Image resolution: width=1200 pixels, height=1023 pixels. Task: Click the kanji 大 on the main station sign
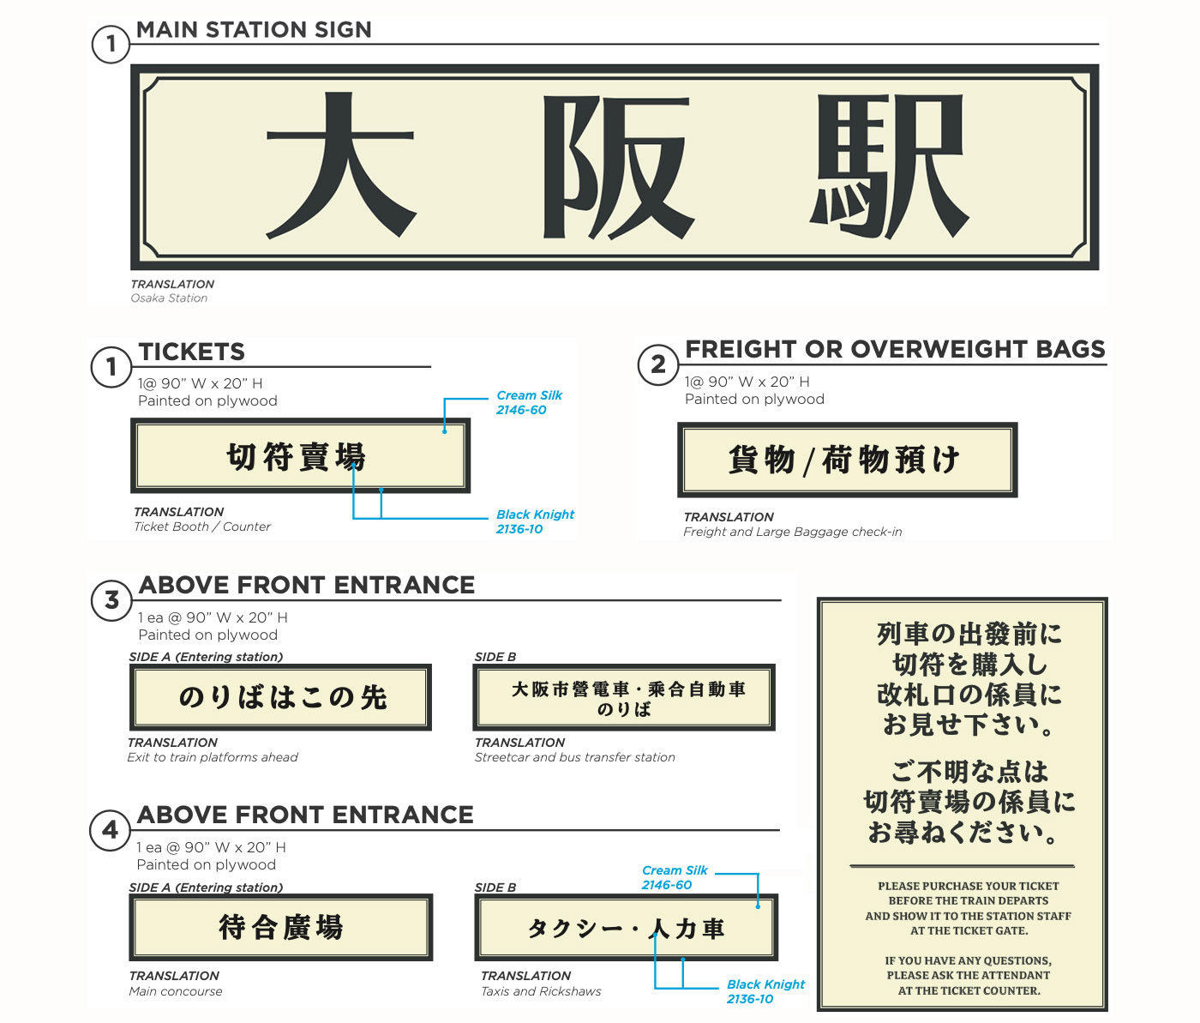tap(341, 165)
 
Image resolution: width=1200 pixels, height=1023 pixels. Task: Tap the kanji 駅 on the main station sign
tap(889, 166)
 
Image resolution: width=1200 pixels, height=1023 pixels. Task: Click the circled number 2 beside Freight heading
tap(657, 364)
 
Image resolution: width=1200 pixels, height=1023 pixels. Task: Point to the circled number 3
tap(111, 600)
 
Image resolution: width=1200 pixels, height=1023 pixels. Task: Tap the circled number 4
tap(111, 830)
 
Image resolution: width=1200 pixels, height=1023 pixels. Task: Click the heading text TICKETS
tap(192, 352)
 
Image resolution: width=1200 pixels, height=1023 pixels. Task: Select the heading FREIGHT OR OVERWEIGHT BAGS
tap(895, 348)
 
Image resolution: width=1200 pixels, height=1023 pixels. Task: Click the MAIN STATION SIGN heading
tap(254, 30)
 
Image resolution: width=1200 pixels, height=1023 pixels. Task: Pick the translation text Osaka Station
tap(169, 298)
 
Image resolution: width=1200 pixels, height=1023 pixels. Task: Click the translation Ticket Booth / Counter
tap(202, 527)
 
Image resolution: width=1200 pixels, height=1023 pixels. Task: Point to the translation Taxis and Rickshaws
tap(541, 991)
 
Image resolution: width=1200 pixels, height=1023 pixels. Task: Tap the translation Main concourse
tap(176, 991)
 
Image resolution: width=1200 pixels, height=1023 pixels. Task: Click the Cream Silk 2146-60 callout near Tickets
tap(529, 402)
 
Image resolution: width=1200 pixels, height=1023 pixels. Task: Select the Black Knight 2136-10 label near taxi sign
tap(765, 991)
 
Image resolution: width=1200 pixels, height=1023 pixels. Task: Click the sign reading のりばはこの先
tap(280, 697)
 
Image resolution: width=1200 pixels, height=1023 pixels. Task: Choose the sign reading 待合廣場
tap(281, 927)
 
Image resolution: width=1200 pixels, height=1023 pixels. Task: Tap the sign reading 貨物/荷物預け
tap(848, 460)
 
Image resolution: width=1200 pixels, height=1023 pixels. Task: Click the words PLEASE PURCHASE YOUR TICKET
tap(969, 886)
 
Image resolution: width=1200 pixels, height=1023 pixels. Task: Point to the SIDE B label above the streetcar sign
tap(495, 657)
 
